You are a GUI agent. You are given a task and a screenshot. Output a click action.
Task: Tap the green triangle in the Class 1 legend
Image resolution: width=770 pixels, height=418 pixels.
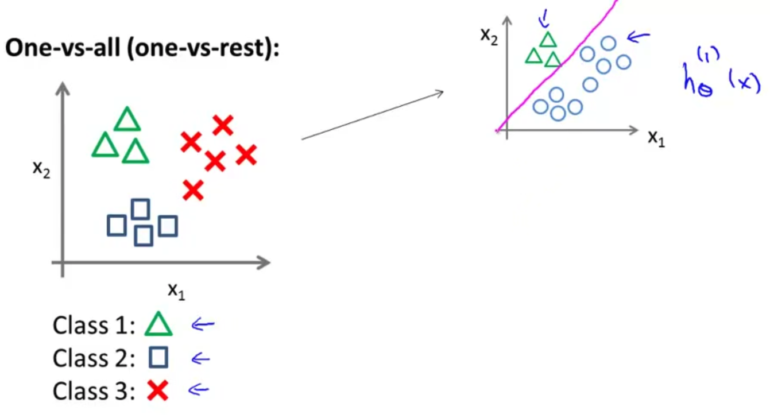pos(158,324)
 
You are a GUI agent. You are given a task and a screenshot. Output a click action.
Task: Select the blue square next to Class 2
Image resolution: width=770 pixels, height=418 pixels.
pos(158,358)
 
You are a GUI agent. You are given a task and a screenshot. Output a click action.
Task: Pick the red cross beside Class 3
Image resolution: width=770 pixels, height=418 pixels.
pos(158,392)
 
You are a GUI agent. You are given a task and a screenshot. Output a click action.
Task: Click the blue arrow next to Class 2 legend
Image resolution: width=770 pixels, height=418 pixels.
pos(200,359)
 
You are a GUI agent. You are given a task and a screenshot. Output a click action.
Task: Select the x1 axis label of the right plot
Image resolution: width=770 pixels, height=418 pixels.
pos(656,138)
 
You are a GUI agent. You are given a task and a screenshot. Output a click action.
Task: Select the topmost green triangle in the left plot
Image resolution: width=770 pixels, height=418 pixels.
pos(127,120)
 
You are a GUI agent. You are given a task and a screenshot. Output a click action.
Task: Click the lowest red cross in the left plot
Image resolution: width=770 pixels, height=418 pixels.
pos(193,189)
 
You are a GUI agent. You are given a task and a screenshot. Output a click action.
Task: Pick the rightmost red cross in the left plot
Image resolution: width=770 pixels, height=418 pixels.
pos(246,154)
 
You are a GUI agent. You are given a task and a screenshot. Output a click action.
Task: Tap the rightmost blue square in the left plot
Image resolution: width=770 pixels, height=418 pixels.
pos(168,226)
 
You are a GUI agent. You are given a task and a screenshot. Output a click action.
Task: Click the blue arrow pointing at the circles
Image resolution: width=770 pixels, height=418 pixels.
pos(638,38)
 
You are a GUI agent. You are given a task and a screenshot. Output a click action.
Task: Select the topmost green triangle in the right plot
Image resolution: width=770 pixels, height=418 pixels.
pos(548,39)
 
